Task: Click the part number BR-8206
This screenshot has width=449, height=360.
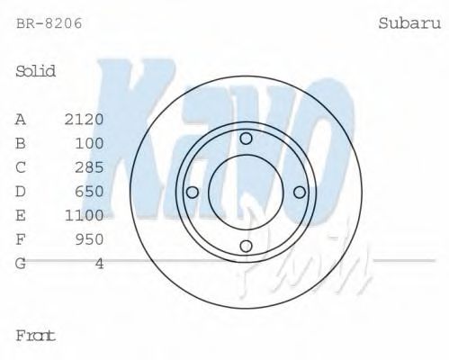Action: [x=49, y=23]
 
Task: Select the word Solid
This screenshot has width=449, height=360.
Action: [x=36, y=71]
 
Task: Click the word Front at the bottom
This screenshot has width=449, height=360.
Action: [x=36, y=336]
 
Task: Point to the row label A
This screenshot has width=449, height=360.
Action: [x=21, y=119]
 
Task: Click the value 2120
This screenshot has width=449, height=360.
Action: [x=85, y=119]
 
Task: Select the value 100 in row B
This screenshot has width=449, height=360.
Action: [x=90, y=143]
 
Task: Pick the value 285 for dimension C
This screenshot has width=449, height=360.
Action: [x=90, y=167]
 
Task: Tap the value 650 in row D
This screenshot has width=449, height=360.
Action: [x=90, y=192]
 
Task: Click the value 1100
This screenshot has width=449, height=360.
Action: [x=85, y=215]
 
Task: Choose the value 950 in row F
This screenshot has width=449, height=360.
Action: [x=90, y=239]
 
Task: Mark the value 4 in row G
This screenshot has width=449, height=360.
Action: [x=99, y=264]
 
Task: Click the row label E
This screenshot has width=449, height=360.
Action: [x=21, y=215]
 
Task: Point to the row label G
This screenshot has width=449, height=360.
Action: [x=21, y=264]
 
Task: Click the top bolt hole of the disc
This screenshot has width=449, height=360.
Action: [x=246, y=138]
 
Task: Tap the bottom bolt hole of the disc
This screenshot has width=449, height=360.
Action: [x=246, y=247]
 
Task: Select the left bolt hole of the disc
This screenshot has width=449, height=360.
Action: [x=192, y=192]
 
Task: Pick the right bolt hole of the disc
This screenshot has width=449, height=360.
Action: [x=300, y=192]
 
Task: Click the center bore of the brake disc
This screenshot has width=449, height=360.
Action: [x=246, y=192]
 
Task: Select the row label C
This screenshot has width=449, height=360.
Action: [x=21, y=167]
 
